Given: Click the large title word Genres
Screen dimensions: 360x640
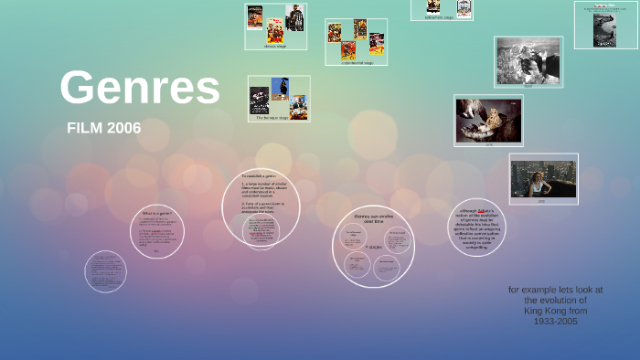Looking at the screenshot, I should pos(140,88).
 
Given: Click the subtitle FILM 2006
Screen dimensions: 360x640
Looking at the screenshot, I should pos(104,128).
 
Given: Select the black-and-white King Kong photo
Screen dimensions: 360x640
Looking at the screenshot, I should pos(528,61).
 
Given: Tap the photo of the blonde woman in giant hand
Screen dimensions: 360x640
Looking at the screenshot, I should pos(488,120).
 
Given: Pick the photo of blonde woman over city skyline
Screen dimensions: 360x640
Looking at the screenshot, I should pos(543,177).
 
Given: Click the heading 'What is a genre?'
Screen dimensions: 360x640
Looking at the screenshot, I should pos(157,213).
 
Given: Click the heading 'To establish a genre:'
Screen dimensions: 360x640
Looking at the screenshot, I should pos(261,175).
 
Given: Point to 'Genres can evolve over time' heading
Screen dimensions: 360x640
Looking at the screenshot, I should pos(373,217).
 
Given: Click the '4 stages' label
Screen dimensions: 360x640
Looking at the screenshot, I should pos(373,247).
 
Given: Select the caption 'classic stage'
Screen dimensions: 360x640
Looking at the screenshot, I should pos(275,46).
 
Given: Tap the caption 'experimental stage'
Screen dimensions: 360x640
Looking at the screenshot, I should pos(356,62).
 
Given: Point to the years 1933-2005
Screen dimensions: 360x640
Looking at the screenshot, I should pos(556,322).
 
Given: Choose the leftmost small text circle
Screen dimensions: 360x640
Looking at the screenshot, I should pos(105,271).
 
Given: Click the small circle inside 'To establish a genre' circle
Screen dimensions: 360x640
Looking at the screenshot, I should pos(261,231).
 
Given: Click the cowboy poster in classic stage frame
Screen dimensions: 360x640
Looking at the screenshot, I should pos(294,17).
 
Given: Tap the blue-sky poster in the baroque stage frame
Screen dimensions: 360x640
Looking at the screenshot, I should pos(280,88).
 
